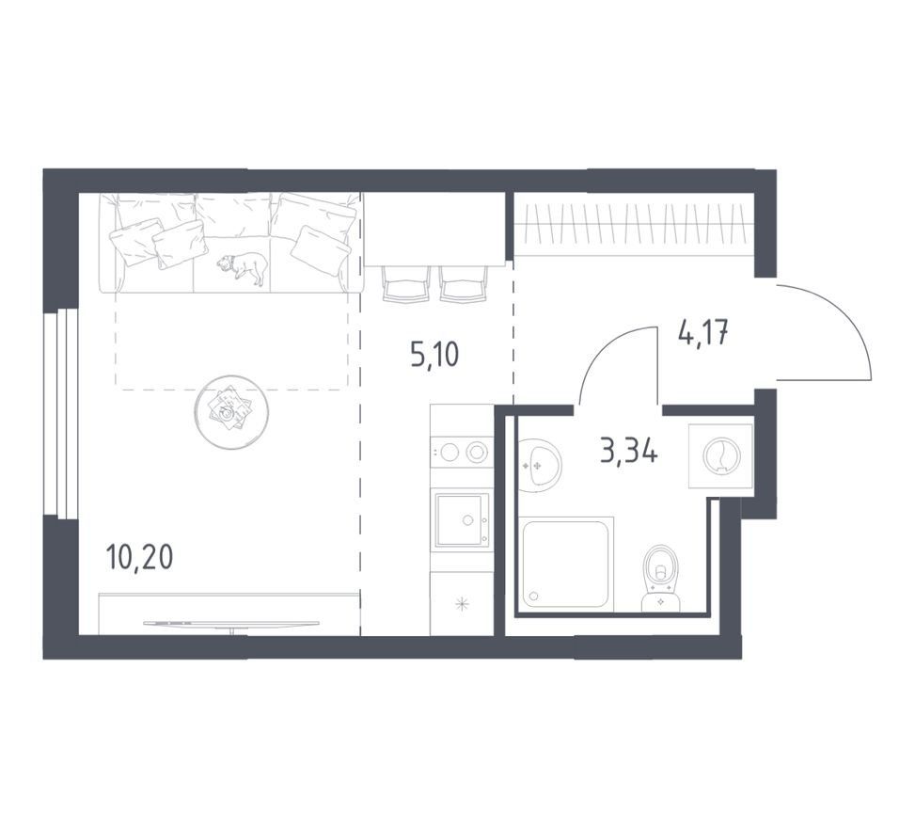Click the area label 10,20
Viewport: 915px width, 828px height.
(x=140, y=558)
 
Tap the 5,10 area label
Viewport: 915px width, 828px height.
(x=434, y=355)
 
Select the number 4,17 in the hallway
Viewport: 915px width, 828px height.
(x=703, y=334)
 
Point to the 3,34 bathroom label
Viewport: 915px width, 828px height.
(x=629, y=452)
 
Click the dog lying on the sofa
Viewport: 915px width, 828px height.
(x=244, y=267)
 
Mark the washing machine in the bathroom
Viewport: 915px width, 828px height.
(x=720, y=455)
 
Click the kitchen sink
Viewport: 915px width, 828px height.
(x=461, y=519)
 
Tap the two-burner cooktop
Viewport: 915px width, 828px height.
(x=461, y=452)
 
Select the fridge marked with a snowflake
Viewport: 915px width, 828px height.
(x=462, y=603)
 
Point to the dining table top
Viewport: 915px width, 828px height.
(x=434, y=229)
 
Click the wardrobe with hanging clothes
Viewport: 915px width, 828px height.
(x=634, y=224)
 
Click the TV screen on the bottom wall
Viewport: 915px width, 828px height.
(x=231, y=624)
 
